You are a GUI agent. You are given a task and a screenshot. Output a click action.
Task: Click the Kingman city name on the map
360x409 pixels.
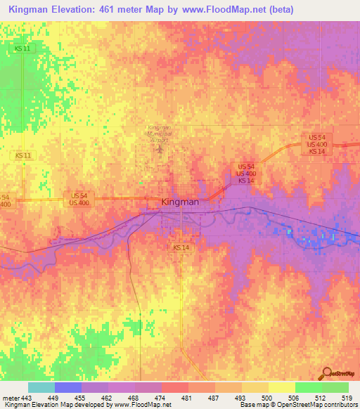point(180,202)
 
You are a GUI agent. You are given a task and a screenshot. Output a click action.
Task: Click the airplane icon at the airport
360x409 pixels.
point(160,148)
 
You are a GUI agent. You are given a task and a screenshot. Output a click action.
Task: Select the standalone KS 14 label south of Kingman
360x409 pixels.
point(181,248)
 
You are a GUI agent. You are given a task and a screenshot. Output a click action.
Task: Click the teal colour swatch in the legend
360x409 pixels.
point(41,387)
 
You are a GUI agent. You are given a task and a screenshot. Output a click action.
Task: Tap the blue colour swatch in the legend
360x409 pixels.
point(68,387)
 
